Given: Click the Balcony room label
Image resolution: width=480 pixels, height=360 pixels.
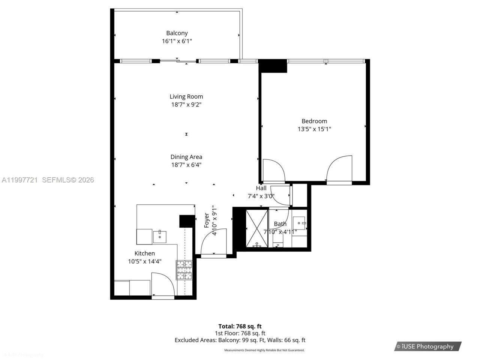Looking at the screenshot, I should (x=177, y=33).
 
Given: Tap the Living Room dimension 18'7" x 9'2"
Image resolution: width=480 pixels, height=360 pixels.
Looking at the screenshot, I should (x=186, y=105).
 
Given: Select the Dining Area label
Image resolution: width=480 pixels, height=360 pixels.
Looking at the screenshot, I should (x=186, y=157).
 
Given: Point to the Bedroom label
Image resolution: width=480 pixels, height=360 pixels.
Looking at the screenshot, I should (x=314, y=121).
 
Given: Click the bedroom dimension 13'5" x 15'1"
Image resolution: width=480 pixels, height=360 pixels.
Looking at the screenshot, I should (x=314, y=129).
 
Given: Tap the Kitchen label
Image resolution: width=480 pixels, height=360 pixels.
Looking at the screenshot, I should (x=145, y=253).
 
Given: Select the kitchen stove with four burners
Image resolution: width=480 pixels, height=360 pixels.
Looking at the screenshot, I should (x=184, y=270).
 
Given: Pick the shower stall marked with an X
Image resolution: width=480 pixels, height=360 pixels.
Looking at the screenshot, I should (x=257, y=228).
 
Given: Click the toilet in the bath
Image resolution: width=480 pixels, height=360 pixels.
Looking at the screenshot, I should (x=278, y=240).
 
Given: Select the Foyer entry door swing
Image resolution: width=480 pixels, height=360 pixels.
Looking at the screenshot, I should (x=213, y=243).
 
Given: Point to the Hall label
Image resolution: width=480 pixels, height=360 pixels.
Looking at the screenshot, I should (x=261, y=188).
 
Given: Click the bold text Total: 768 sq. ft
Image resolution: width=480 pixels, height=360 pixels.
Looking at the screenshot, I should (x=240, y=326).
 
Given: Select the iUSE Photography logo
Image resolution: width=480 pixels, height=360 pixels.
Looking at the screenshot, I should (x=428, y=346).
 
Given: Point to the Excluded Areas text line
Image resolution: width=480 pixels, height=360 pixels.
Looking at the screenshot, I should (x=240, y=340).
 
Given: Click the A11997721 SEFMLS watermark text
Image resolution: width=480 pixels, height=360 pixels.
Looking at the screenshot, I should (x=47, y=180).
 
